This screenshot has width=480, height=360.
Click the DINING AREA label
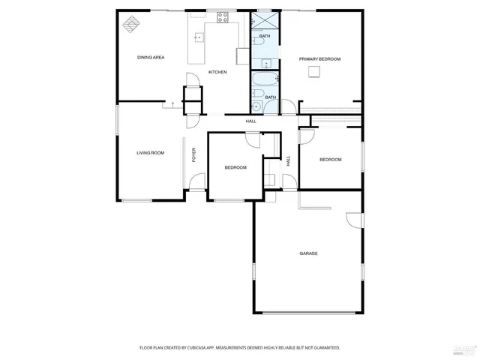(151, 58)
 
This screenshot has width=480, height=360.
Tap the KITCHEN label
(217, 72)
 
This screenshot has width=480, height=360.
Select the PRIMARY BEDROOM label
(320, 59)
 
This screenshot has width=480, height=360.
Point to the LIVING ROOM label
(150, 153)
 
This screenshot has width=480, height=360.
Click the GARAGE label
(309, 253)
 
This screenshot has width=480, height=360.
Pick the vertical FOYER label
(193, 155)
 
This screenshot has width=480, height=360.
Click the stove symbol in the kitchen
(223, 19)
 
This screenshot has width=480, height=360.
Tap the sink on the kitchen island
(199, 37)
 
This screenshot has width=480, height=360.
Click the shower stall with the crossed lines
(263, 20)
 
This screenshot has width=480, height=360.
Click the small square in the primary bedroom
(317, 72)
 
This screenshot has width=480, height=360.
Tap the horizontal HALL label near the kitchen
(251, 121)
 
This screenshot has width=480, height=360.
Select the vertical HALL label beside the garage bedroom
(288, 160)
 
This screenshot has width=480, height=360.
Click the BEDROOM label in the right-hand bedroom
(331, 160)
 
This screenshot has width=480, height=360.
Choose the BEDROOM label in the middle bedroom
(235, 167)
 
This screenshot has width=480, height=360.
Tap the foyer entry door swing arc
(196, 181)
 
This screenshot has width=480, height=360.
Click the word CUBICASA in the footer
(211, 348)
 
